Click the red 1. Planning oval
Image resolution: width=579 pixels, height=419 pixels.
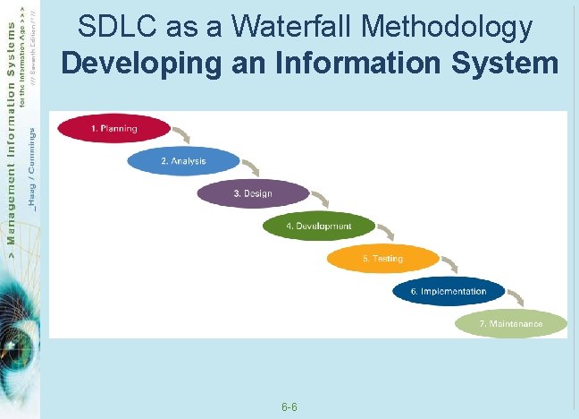point(113,129)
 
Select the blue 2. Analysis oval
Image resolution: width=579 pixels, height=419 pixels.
point(183,161)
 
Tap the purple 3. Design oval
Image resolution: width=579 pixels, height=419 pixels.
point(252,193)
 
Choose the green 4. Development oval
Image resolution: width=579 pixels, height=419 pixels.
point(318,227)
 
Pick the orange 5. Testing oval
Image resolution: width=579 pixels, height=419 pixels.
point(382,259)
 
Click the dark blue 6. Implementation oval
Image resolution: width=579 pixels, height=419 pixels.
point(449,292)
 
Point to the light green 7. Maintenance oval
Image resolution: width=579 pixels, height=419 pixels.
point(510,323)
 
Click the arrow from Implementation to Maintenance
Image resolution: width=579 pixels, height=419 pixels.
point(516,298)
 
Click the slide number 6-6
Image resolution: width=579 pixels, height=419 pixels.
point(289,407)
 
